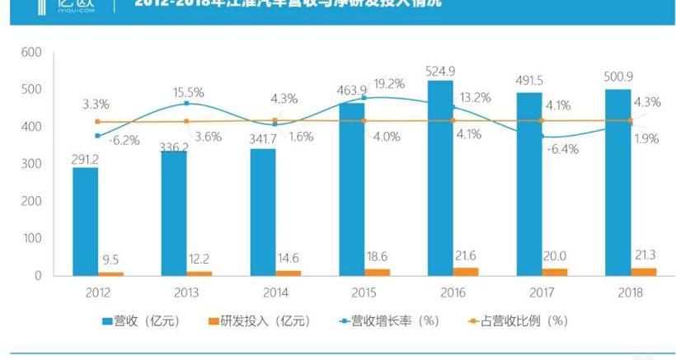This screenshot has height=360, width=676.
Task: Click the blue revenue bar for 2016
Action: coord(440,177)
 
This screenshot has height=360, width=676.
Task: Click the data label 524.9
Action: coord(440,69)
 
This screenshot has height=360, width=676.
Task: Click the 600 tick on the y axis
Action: coord(31,52)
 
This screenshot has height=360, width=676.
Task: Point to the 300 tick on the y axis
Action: coord(31,164)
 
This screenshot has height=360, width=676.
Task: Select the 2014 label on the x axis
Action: coord(275,292)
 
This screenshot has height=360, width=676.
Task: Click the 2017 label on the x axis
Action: coord(541,292)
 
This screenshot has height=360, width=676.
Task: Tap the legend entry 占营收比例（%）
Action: coord(518,320)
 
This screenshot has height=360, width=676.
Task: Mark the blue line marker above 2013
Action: coord(186,103)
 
